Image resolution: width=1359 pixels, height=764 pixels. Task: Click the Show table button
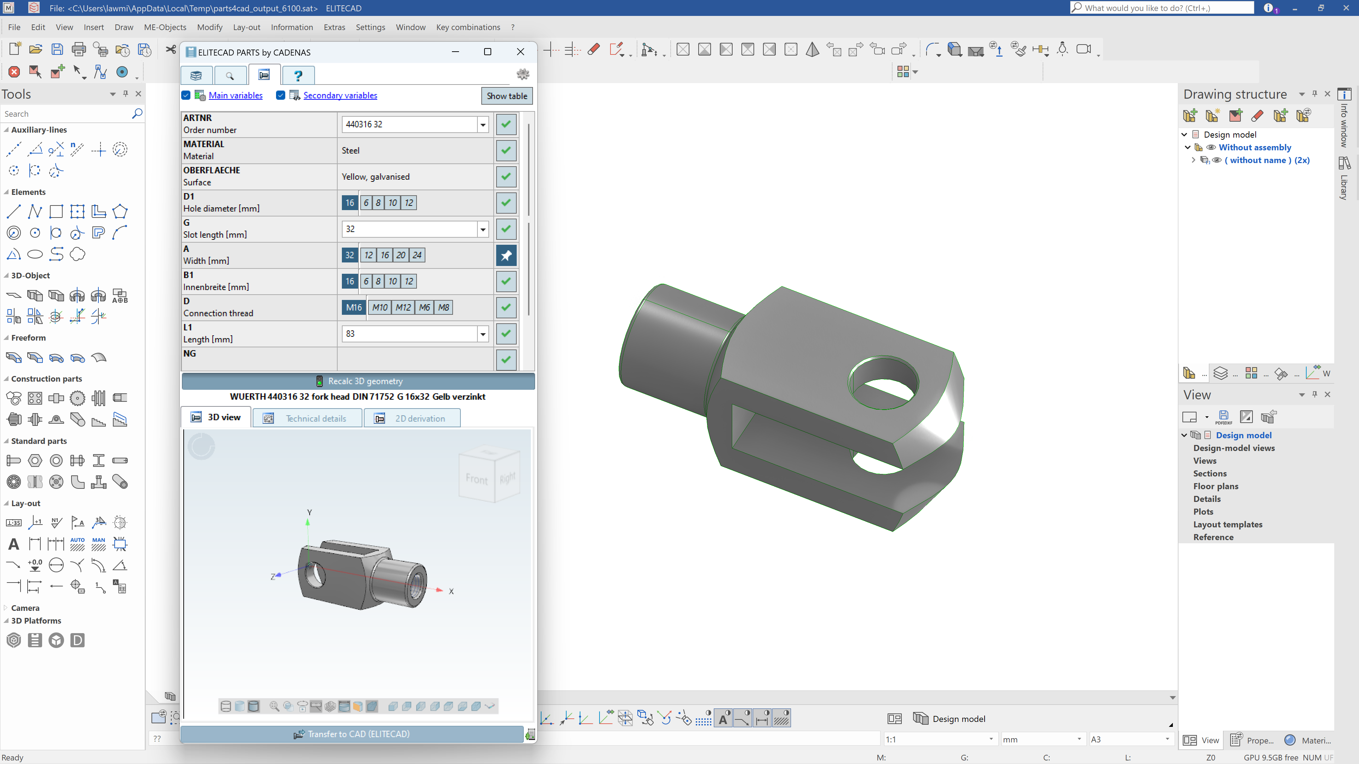(x=506, y=96)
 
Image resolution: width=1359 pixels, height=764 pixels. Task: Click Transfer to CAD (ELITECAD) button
(x=352, y=734)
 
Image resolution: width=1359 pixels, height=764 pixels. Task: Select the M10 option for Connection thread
(x=380, y=307)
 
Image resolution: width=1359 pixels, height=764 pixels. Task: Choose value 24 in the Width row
(x=417, y=255)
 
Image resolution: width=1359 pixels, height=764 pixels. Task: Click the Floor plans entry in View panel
(x=1216, y=486)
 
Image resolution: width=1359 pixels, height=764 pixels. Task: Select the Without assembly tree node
(x=1255, y=147)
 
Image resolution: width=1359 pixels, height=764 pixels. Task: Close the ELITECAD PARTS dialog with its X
(x=520, y=52)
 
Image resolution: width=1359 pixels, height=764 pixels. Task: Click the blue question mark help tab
(x=298, y=75)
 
